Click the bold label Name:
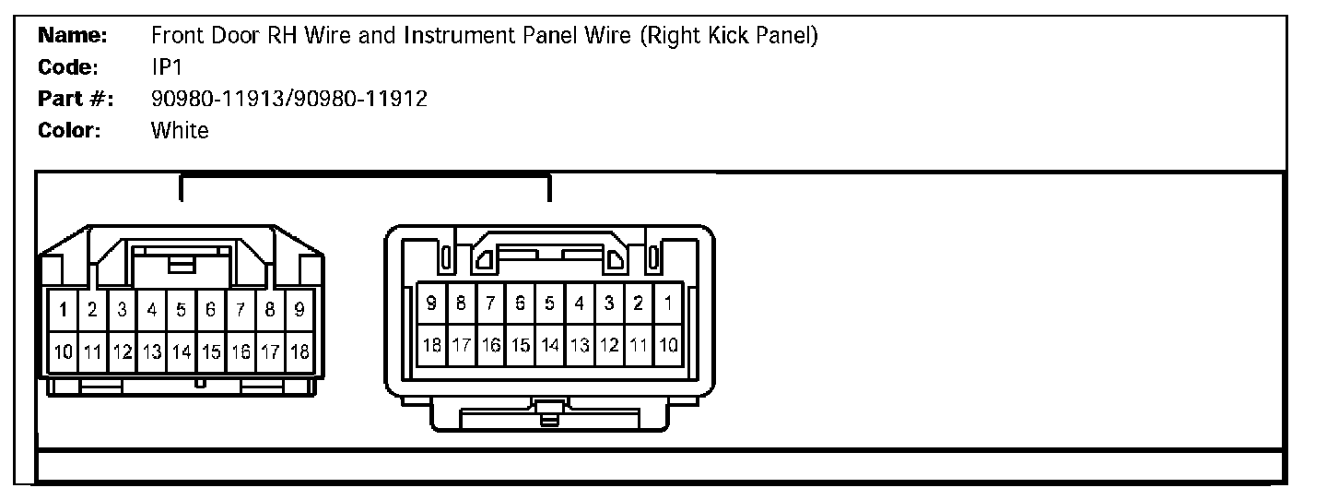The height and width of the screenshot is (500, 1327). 73,37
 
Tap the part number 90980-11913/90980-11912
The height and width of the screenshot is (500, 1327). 288,99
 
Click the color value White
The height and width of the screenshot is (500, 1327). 180,130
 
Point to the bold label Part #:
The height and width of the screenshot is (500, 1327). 76,99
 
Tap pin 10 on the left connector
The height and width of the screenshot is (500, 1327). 63,351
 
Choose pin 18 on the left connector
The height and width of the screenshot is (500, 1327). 299,351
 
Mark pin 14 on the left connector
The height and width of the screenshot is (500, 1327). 182,351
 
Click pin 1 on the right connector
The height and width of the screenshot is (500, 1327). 667,303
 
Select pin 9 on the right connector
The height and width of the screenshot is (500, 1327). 431,303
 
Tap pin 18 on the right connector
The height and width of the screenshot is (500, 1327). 431,345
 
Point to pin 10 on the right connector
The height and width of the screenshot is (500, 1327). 668,345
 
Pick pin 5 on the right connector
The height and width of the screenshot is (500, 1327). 549,303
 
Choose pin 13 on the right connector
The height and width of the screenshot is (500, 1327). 580,345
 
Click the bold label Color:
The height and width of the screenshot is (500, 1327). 69,130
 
